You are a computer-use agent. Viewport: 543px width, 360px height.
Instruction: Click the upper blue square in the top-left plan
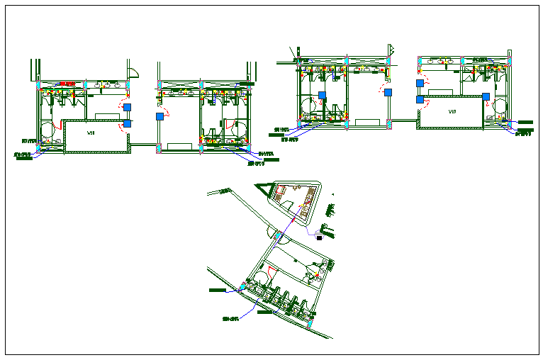tap(127, 108)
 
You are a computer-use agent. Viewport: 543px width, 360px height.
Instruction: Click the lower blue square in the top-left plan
tap(128, 123)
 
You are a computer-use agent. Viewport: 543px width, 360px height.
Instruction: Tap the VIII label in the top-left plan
tap(91, 133)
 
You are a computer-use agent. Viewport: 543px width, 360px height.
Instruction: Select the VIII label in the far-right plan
tap(451, 112)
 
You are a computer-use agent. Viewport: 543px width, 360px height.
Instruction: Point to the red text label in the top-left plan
tap(67, 84)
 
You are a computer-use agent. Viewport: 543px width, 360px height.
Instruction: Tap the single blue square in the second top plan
tap(160, 116)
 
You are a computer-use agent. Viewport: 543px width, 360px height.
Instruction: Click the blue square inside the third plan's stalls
tap(322, 95)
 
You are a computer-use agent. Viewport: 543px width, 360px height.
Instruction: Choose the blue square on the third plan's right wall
tap(388, 92)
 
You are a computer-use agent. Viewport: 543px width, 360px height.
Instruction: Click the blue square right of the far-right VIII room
tap(486, 96)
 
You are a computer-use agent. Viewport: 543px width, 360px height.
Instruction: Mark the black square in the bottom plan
tap(320, 238)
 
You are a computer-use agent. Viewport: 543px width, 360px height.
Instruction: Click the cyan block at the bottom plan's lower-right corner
tap(310, 322)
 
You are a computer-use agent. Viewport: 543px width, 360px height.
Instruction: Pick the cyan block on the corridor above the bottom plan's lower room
tap(280, 236)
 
